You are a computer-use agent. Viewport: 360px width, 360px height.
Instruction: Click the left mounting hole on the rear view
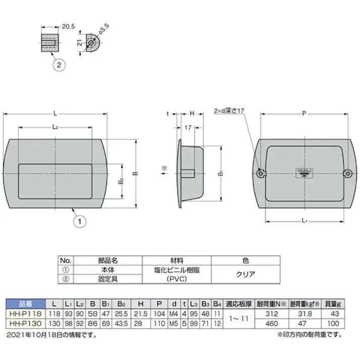260,173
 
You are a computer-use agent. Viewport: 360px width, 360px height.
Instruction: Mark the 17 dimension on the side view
188,128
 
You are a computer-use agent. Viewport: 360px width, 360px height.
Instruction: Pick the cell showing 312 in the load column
273,313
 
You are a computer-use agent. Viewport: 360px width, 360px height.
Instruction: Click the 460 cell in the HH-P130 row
273,322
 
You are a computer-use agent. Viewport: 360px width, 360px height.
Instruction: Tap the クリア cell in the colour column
245,275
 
